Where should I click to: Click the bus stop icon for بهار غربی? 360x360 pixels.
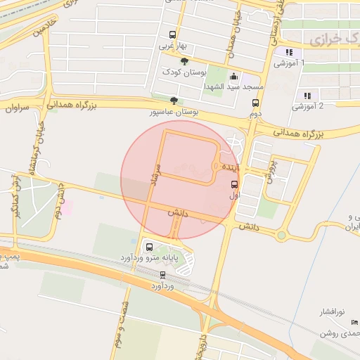click(173, 35)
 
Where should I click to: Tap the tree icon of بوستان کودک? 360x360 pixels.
click(185, 62)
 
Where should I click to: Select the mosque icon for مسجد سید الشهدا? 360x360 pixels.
click(234, 77)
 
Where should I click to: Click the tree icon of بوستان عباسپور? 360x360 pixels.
click(174, 101)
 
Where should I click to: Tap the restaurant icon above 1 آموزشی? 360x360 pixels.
click(288, 52)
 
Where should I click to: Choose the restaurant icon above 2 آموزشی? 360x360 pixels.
click(307, 96)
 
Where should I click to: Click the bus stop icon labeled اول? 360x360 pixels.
click(234, 184)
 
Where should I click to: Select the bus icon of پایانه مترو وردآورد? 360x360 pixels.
click(149, 247)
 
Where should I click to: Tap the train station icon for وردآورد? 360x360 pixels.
click(163, 275)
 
